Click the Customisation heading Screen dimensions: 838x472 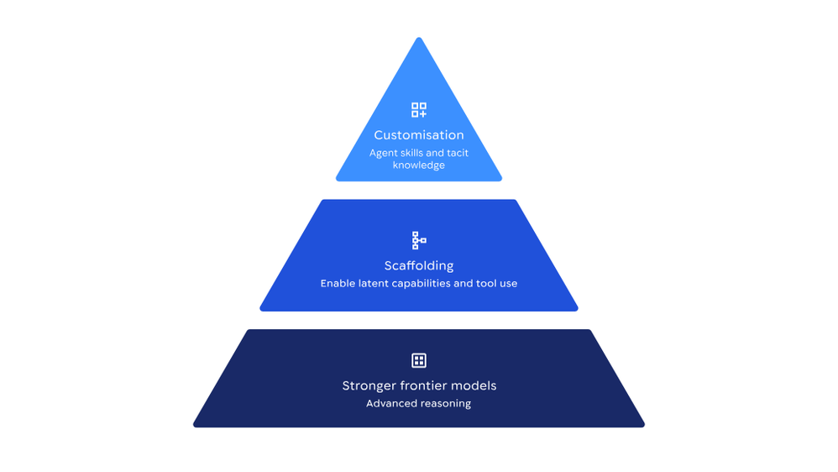419,134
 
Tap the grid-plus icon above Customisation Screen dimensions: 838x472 419,109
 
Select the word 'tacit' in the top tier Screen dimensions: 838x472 458,153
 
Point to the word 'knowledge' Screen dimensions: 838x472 419,165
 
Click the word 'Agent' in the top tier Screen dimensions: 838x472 384,154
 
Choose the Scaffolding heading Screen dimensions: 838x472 419,265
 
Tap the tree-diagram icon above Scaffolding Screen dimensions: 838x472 419,240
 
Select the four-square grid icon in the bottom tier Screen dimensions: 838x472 419,360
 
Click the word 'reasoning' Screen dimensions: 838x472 444,404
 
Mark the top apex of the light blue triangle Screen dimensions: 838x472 419,38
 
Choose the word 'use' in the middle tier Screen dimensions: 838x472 508,284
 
